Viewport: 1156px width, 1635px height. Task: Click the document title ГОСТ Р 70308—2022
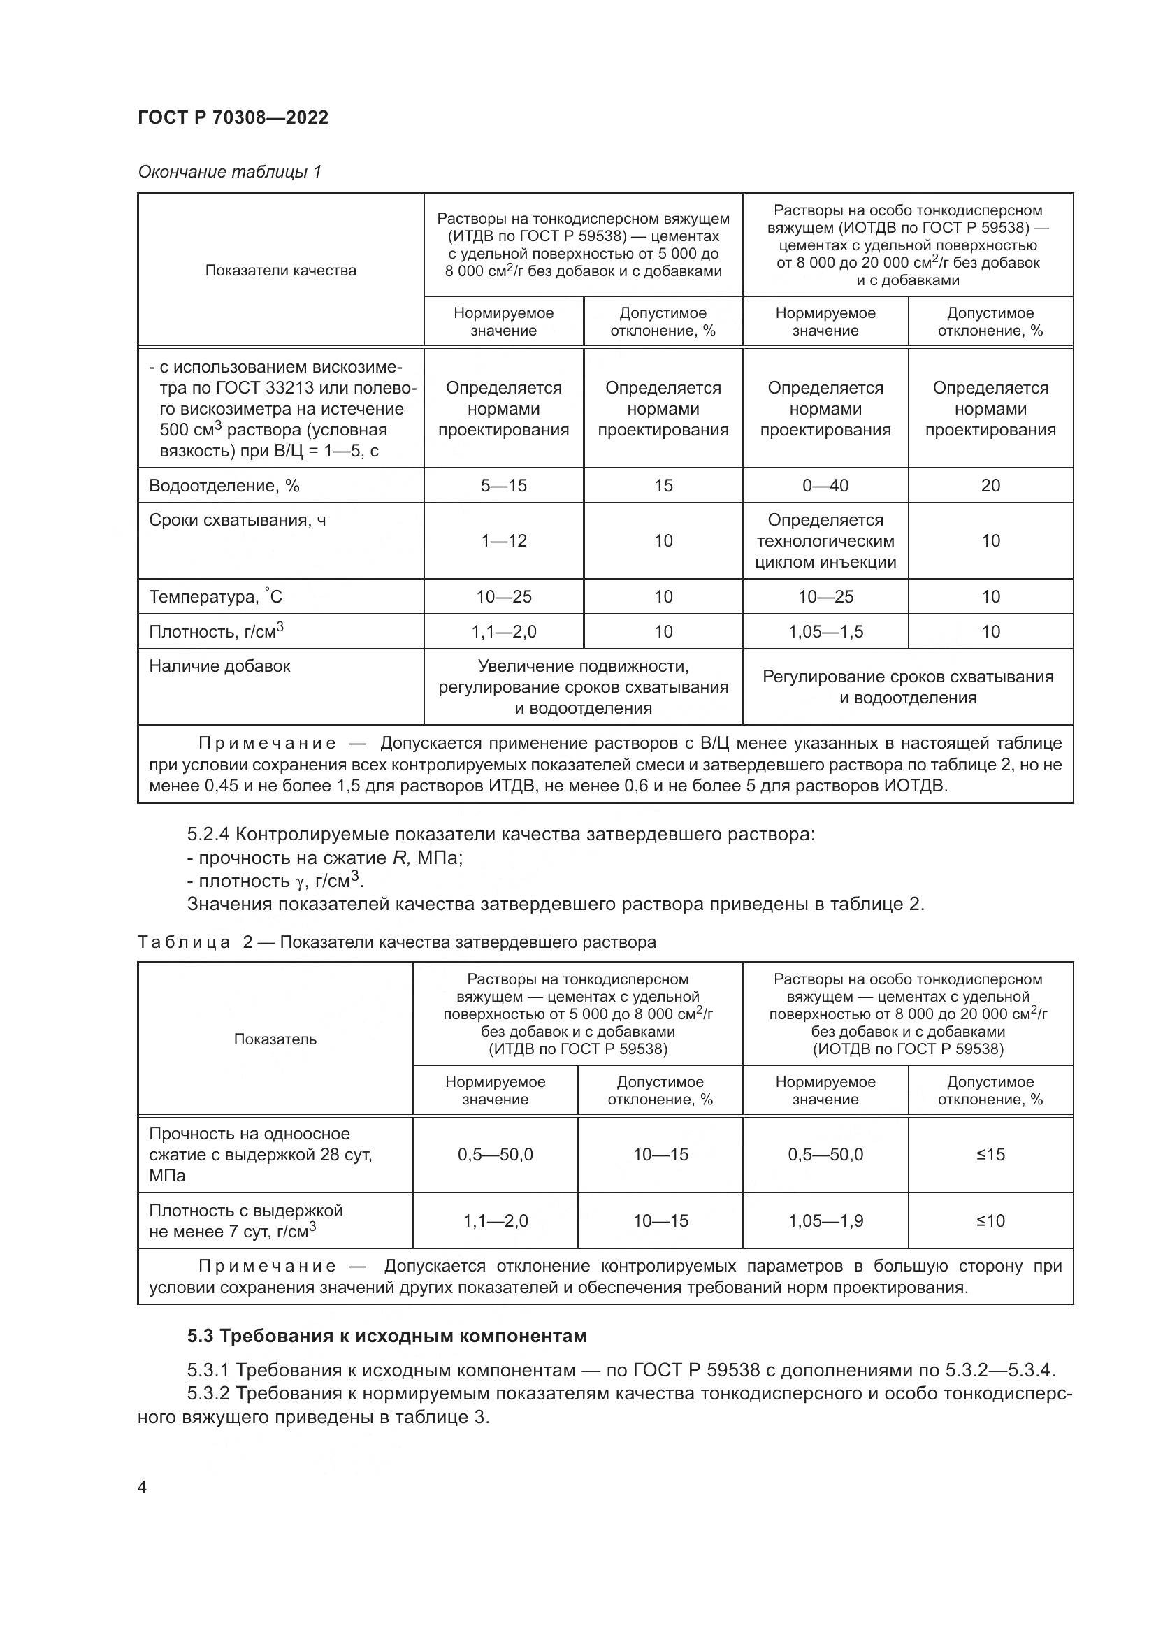coord(233,118)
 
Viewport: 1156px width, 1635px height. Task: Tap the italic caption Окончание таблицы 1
coord(229,172)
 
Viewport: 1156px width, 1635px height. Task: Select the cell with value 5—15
coord(503,486)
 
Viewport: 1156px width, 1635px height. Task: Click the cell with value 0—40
coord(825,486)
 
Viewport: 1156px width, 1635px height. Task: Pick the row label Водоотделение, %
coord(224,486)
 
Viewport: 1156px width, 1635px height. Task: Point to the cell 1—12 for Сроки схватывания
coord(503,541)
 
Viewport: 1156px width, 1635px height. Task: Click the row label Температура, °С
coord(216,597)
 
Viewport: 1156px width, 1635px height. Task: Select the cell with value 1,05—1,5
coord(825,632)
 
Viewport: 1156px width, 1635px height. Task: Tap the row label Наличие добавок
coord(219,667)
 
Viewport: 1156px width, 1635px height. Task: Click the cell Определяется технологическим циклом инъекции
coord(825,541)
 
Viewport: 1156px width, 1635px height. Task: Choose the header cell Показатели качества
coord(280,271)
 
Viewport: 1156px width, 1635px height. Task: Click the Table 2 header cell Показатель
coord(275,1039)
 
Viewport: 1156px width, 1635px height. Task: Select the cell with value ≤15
coord(990,1154)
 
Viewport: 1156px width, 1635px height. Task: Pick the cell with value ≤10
coord(990,1220)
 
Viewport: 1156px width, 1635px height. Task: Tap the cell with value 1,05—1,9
coord(825,1220)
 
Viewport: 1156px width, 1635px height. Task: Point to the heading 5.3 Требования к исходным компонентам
coord(386,1336)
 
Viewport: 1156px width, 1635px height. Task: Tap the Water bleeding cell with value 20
coord(990,486)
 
